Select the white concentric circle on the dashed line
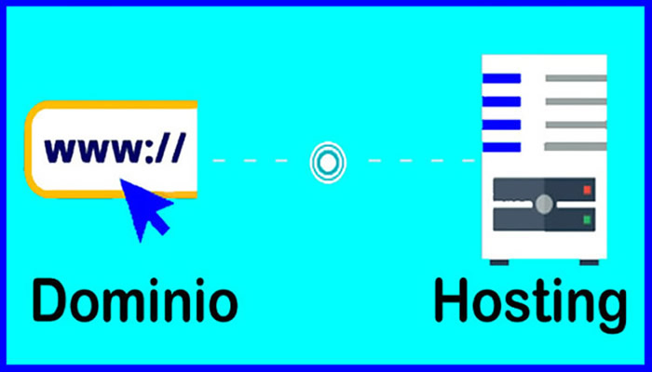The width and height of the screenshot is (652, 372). click(327, 162)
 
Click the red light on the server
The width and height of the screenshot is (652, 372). click(587, 191)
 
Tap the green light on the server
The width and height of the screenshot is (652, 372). click(587, 220)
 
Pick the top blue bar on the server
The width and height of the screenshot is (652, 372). click(501, 78)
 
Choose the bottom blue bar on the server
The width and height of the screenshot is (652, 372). click(501, 147)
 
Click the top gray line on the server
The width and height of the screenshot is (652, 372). click(576, 78)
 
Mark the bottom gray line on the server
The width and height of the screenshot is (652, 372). click(576, 147)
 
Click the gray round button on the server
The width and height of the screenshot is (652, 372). click(544, 204)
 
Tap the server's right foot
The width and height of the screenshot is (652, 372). click(587, 261)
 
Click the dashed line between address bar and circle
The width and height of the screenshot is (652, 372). click(256, 161)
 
